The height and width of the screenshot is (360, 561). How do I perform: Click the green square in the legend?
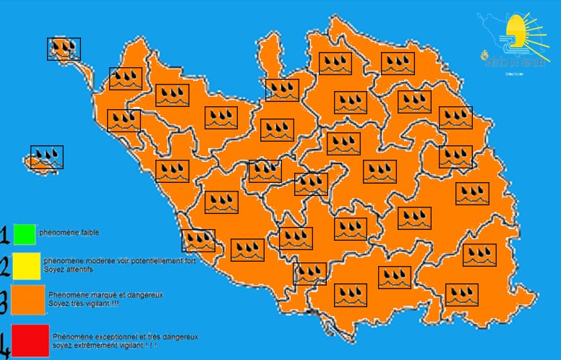point(24,234)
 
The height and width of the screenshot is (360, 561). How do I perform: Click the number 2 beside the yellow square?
point(5,266)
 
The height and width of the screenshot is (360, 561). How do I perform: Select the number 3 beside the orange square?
point(5,301)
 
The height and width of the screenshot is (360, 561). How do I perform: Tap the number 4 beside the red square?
point(6,343)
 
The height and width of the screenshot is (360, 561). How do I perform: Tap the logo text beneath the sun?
point(514,64)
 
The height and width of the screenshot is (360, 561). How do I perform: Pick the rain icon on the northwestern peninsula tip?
point(64,49)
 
